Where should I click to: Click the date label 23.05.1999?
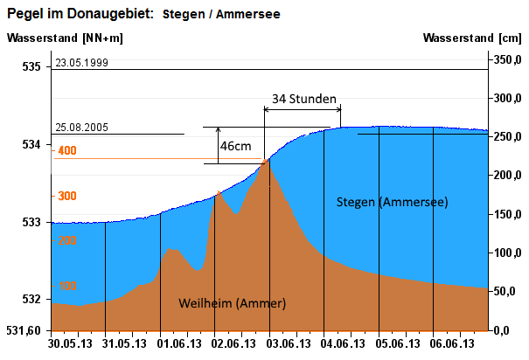pyautogui.click(x=81, y=64)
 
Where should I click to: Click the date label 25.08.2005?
pyautogui.click(x=81, y=128)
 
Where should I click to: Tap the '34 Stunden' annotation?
pyautogui.click(x=304, y=99)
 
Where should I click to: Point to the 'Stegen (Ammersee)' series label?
pyautogui.click(x=393, y=202)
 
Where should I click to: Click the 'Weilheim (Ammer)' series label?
pyautogui.click(x=233, y=303)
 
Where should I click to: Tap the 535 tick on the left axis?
pyautogui.click(x=31, y=66)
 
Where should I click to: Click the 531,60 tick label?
pyautogui.click(x=25, y=330)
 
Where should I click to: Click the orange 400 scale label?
pyautogui.click(x=66, y=151)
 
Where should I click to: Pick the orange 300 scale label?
pyautogui.click(x=66, y=196)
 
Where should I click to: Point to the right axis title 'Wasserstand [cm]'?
pyautogui.click(x=471, y=38)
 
